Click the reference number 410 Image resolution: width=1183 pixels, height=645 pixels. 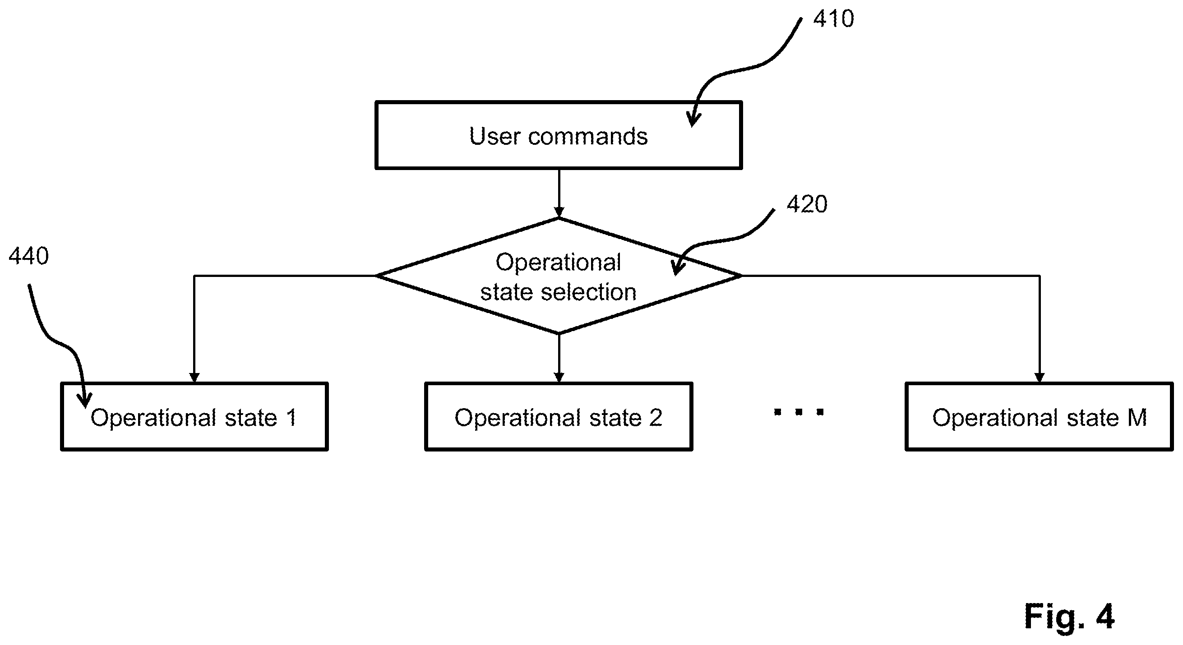pyautogui.click(x=833, y=19)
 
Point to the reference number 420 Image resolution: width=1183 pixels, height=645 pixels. pyautogui.click(x=807, y=204)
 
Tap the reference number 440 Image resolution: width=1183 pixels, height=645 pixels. pyautogui.click(x=28, y=256)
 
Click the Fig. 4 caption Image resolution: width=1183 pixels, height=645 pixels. pyautogui.click(x=1069, y=617)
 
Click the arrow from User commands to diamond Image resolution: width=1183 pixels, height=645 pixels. pyautogui.click(x=559, y=193)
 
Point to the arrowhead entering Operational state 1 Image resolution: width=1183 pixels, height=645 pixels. pyautogui.click(x=194, y=377)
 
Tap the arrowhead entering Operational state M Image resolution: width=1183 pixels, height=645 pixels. pyautogui.click(x=1040, y=377)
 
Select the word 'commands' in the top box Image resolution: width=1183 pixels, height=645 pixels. pyautogui.click(x=588, y=136)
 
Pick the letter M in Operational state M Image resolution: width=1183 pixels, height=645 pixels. pyautogui.click(x=1137, y=418)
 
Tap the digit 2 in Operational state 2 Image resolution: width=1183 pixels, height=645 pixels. pyautogui.click(x=656, y=418)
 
